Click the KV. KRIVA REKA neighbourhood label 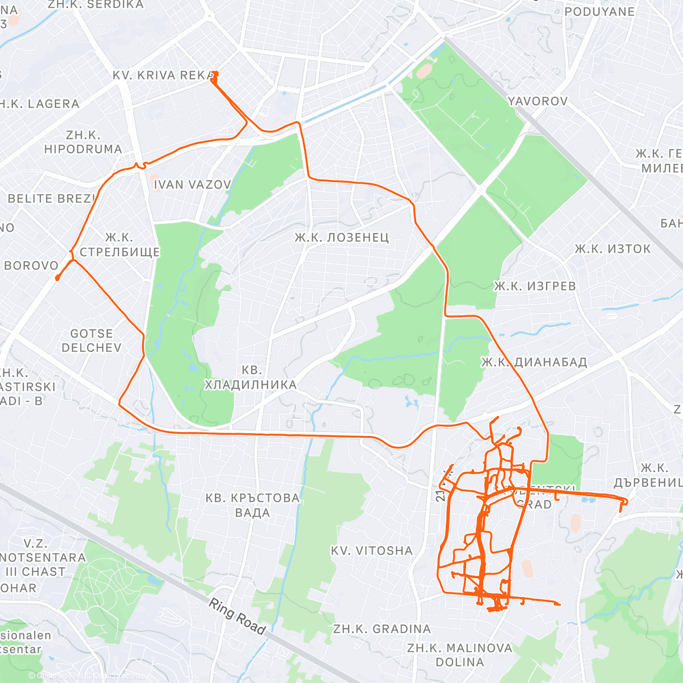(163, 75)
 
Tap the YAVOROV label (537, 101)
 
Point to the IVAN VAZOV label (192, 184)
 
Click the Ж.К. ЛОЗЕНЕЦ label (341, 237)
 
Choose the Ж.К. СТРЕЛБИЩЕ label (120, 245)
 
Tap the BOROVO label (31, 265)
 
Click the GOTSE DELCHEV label (92, 340)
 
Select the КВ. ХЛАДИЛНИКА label (250, 377)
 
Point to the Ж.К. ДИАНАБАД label (534, 363)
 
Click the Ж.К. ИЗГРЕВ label (534, 286)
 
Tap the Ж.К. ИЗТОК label (612, 249)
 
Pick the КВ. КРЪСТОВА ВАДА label (252, 505)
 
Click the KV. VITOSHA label (372, 550)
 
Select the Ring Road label (237, 616)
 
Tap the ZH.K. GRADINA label (382, 629)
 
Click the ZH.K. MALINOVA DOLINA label (459, 655)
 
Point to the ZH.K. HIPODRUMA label (83, 142)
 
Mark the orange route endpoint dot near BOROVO (57, 278)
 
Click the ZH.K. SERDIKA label (96, 5)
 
